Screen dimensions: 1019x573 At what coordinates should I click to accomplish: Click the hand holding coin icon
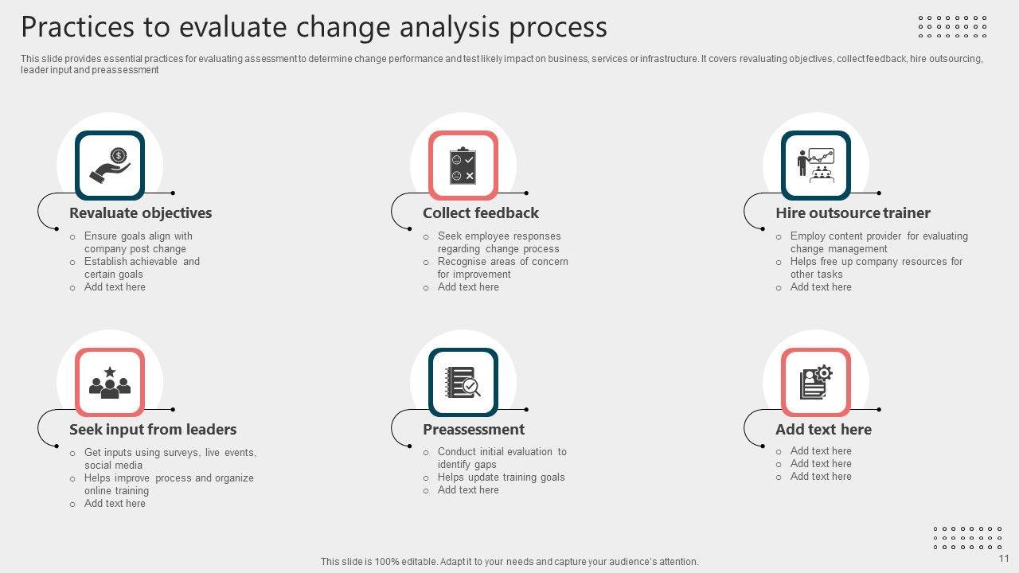[110, 166]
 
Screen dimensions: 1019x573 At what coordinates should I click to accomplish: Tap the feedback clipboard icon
[463, 166]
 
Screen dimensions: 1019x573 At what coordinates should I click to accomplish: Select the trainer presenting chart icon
[816, 166]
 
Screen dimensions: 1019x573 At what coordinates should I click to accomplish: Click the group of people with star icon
[110, 383]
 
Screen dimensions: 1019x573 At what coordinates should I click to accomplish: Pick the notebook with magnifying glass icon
[463, 383]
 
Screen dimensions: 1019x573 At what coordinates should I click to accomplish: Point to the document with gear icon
[816, 383]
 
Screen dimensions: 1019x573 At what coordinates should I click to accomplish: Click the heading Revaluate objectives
[141, 212]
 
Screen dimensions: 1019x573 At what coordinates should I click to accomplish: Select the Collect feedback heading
[480, 212]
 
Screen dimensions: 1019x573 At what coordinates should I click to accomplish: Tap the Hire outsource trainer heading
[853, 212]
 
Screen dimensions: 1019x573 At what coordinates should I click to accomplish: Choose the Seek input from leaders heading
[153, 429]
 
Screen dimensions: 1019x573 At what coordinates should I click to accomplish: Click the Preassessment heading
[474, 429]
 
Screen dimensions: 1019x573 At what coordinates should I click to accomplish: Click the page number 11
[1004, 559]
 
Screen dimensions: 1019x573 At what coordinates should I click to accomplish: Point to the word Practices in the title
[78, 26]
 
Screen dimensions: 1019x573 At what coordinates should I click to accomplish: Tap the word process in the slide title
[558, 28]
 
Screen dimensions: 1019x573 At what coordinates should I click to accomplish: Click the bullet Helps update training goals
[501, 477]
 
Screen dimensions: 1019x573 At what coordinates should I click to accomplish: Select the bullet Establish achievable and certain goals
[142, 268]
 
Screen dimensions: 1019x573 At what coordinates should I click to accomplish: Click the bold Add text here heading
[823, 429]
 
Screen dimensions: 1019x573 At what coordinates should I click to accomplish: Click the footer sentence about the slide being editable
[509, 562]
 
